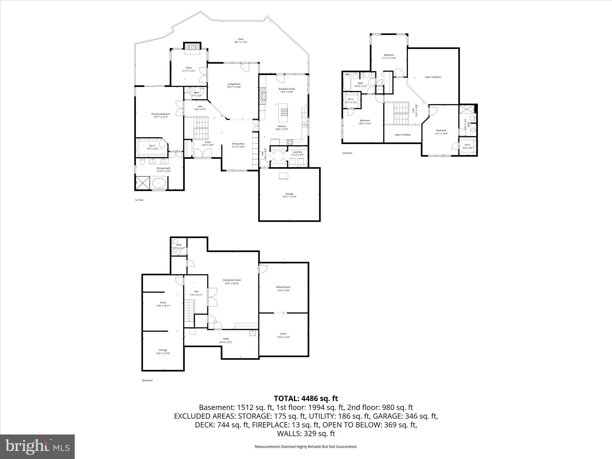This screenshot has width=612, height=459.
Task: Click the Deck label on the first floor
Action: coord(241,41)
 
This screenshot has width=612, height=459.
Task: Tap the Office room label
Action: coord(189,69)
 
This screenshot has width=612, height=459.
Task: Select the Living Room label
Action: coord(234,85)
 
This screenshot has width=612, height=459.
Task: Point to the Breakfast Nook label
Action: coord(287,90)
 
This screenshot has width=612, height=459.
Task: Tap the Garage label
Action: coord(289,195)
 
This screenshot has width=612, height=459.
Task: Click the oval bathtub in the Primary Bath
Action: coord(159,182)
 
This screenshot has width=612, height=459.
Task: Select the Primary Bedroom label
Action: coord(160,115)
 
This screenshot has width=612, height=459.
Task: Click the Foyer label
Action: coord(208,143)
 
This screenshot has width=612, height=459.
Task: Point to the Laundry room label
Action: coord(297,153)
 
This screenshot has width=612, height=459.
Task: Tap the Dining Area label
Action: coord(238,145)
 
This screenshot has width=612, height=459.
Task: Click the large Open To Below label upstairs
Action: coord(433,77)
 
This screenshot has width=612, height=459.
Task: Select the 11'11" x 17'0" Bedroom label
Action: coord(389,56)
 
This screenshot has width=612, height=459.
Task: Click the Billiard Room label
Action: coord(283,289)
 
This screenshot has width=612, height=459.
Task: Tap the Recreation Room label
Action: coord(232,281)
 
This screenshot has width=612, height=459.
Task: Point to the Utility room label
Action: coord(226,340)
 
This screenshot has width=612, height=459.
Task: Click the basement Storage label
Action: coord(163,351)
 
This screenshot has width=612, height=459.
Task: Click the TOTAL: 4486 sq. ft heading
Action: coord(306,398)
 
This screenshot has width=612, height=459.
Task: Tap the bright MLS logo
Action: coord(37,447)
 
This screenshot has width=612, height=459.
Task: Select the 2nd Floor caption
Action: coord(347,153)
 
